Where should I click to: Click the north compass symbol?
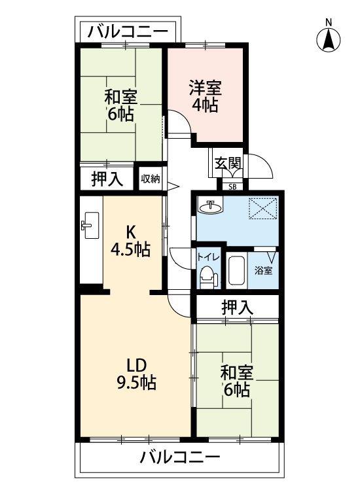(329, 37)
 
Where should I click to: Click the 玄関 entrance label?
(228, 163)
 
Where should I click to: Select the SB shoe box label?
(232, 187)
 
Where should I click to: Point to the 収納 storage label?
(151, 179)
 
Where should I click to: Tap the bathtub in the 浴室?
(236, 271)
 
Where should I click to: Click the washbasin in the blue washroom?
(210, 207)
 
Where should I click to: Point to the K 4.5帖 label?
(130, 241)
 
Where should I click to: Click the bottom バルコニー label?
(179, 457)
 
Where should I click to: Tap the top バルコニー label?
(128, 31)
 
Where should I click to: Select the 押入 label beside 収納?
(107, 179)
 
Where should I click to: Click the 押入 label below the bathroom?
(237, 307)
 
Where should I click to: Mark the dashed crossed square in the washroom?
(263, 208)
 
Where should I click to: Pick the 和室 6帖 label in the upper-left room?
(120, 105)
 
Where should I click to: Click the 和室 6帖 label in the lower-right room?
(237, 381)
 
